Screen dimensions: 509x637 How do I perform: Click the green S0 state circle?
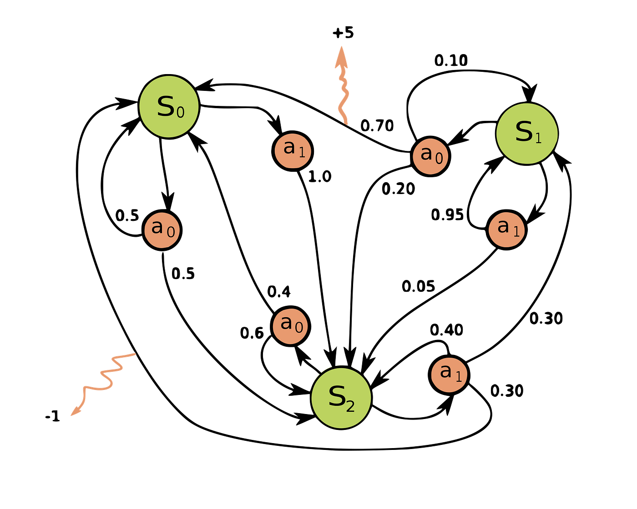[x=169, y=106]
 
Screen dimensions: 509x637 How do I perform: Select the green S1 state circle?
[x=527, y=134]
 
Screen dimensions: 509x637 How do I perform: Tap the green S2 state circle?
[x=341, y=398]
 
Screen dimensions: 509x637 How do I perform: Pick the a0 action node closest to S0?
[x=162, y=230]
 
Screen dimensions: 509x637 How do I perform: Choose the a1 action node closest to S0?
[x=293, y=151]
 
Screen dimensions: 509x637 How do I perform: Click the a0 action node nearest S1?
[x=430, y=156]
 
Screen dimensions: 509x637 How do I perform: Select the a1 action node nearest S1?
[x=506, y=230]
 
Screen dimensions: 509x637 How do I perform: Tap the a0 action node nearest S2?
[x=290, y=326]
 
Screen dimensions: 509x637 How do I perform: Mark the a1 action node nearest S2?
[x=449, y=374]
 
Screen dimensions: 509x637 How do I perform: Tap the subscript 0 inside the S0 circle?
[x=181, y=112]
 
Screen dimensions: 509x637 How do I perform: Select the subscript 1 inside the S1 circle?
[x=539, y=138]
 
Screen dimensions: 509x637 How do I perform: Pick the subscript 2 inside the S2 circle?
[x=350, y=406]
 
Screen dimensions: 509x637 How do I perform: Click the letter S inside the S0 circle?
[x=165, y=106]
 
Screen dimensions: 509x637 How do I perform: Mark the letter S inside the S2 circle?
[x=337, y=396]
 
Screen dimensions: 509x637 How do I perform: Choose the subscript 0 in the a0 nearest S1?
[x=439, y=159]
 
